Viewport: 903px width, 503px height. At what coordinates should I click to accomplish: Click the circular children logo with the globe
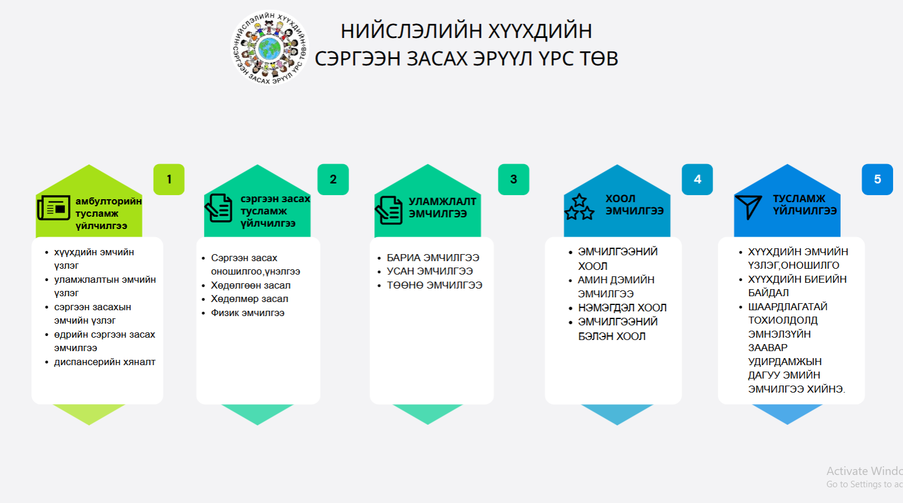point(269,47)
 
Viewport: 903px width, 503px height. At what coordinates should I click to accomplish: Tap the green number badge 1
point(169,179)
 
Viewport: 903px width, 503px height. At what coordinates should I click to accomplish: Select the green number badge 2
point(333,179)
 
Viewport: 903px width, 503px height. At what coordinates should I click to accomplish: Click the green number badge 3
point(514,179)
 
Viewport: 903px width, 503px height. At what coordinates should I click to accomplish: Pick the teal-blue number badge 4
point(698,179)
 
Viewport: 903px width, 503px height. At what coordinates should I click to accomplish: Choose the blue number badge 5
point(877,179)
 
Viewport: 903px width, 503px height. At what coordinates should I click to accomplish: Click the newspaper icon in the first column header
point(54,208)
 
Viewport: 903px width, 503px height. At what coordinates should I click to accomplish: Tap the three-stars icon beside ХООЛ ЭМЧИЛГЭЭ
point(579,207)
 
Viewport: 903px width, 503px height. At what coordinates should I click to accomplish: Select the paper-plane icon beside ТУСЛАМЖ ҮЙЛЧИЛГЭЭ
point(748,207)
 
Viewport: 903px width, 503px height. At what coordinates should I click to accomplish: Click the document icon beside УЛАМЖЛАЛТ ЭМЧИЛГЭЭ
point(389,210)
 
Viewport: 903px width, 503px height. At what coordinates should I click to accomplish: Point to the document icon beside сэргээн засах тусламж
point(219,208)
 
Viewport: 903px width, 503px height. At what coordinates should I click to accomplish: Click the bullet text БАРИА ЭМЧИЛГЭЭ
point(433,258)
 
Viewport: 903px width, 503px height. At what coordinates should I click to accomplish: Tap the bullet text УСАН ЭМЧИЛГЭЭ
point(430,272)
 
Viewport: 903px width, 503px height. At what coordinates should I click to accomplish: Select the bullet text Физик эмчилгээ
point(247,313)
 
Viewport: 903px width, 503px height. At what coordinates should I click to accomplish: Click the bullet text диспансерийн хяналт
point(105,362)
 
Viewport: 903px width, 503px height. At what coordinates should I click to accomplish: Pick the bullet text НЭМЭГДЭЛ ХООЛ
point(622,308)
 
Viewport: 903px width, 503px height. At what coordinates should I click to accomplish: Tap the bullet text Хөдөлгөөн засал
point(251,286)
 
